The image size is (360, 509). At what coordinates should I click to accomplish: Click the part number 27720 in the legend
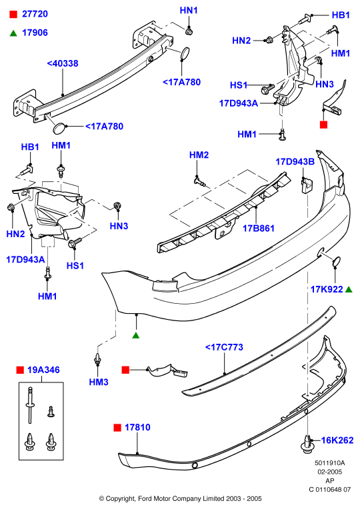[35, 14]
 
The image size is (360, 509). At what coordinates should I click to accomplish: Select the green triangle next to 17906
[13, 33]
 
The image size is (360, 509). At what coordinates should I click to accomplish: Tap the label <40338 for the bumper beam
[63, 63]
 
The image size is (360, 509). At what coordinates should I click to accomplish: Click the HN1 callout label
[189, 11]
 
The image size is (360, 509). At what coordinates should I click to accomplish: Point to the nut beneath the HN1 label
[189, 31]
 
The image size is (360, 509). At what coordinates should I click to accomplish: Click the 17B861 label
[259, 229]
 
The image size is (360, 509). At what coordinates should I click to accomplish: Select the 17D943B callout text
[295, 162]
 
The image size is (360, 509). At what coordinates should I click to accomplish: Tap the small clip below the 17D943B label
[307, 185]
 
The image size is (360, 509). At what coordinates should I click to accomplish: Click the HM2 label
[199, 155]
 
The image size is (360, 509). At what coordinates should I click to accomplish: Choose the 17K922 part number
[327, 289]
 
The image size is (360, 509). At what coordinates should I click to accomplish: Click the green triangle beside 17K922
[349, 289]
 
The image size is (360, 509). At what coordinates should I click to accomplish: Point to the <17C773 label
[224, 347]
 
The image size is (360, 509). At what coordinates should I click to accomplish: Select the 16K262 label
[337, 440]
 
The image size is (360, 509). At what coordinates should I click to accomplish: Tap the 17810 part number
[137, 427]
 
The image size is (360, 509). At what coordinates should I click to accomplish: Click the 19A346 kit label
[43, 370]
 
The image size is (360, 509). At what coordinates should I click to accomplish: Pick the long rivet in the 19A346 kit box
[30, 405]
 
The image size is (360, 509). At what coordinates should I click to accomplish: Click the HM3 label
[99, 382]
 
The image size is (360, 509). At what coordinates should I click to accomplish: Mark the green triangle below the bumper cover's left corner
[136, 335]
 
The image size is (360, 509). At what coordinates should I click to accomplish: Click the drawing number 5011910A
[329, 463]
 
